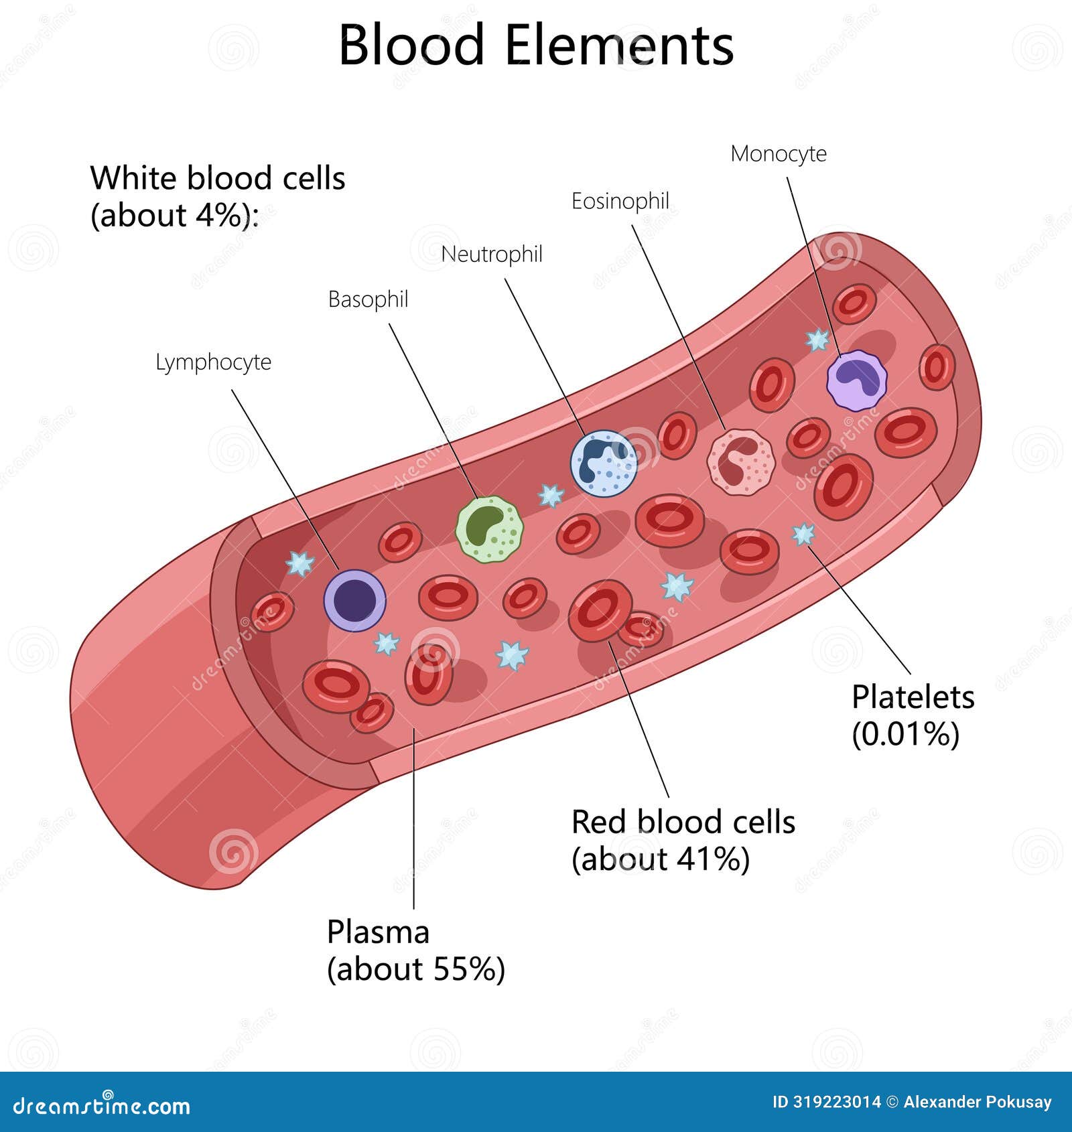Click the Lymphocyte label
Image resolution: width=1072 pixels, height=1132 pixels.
[x=213, y=362]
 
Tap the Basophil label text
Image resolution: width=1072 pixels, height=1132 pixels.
[x=368, y=299]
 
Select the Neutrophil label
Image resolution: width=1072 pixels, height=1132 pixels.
[x=492, y=255]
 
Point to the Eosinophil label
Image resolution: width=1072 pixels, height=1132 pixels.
[x=620, y=201]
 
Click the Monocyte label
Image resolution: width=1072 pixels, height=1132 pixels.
[x=778, y=154]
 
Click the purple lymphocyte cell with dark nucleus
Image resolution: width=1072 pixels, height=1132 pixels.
[x=354, y=600]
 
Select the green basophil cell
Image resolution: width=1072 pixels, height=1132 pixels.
[x=489, y=529]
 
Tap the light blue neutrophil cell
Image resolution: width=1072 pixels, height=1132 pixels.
[x=604, y=464]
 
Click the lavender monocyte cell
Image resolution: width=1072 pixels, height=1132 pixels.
[x=856, y=380]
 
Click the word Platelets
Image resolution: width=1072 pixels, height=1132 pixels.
[x=913, y=697]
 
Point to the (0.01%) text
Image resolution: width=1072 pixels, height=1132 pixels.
[x=905, y=734]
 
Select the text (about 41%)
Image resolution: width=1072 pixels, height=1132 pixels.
[x=660, y=859]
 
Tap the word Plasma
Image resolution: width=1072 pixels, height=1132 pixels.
[x=378, y=932]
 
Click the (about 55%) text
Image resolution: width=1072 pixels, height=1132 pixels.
[x=415, y=969]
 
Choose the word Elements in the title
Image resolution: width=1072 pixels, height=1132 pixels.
[x=618, y=46]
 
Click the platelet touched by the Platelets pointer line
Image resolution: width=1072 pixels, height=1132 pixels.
[x=803, y=534]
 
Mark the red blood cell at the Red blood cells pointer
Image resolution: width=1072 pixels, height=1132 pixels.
[x=600, y=610]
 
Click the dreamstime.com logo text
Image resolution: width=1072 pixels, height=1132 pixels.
[x=102, y=1107]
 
